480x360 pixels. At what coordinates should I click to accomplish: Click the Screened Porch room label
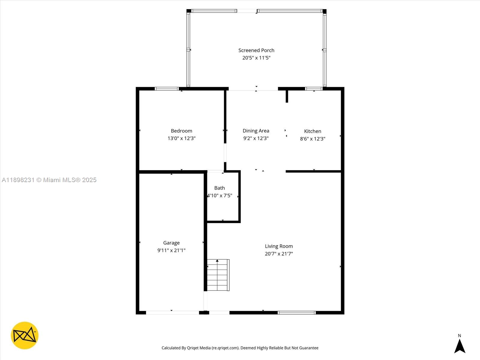(x=256, y=50)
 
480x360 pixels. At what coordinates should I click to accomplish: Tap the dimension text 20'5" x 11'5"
(x=256, y=58)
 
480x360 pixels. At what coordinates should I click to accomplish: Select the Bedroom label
(x=181, y=131)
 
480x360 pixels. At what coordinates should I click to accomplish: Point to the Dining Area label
(x=256, y=131)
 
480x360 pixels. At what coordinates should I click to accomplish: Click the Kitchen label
(x=313, y=131)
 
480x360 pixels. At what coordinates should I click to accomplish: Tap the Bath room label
(x=220, y=188)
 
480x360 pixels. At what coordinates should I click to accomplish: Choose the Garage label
(x=171, y=243)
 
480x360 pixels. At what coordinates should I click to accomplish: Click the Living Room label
(x=279, y=246)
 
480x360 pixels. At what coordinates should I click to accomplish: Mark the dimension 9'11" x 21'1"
(x=171, y=250)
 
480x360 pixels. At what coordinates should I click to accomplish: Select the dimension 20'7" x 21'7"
(x=279, y=254)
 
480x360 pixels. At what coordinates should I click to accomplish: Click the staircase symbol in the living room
(x=218, y=275)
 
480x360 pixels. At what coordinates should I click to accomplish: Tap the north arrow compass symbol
(x=460, y=345)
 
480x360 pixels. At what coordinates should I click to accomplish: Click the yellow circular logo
(x=25, y=335)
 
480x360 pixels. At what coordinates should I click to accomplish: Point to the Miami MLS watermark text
(x=49, y=180)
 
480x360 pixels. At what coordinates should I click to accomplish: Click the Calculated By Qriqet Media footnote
(x=240, y=348)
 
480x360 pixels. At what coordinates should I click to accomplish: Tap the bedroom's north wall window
(x=167, y=89)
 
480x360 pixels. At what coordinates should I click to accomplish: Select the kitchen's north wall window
(x=314, y=89)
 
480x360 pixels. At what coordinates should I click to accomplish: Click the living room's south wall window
(x=297, y=313)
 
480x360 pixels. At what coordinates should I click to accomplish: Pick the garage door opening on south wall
(x=172, y=313)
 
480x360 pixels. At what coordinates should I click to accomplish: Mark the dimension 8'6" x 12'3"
(x=313, y=139)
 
